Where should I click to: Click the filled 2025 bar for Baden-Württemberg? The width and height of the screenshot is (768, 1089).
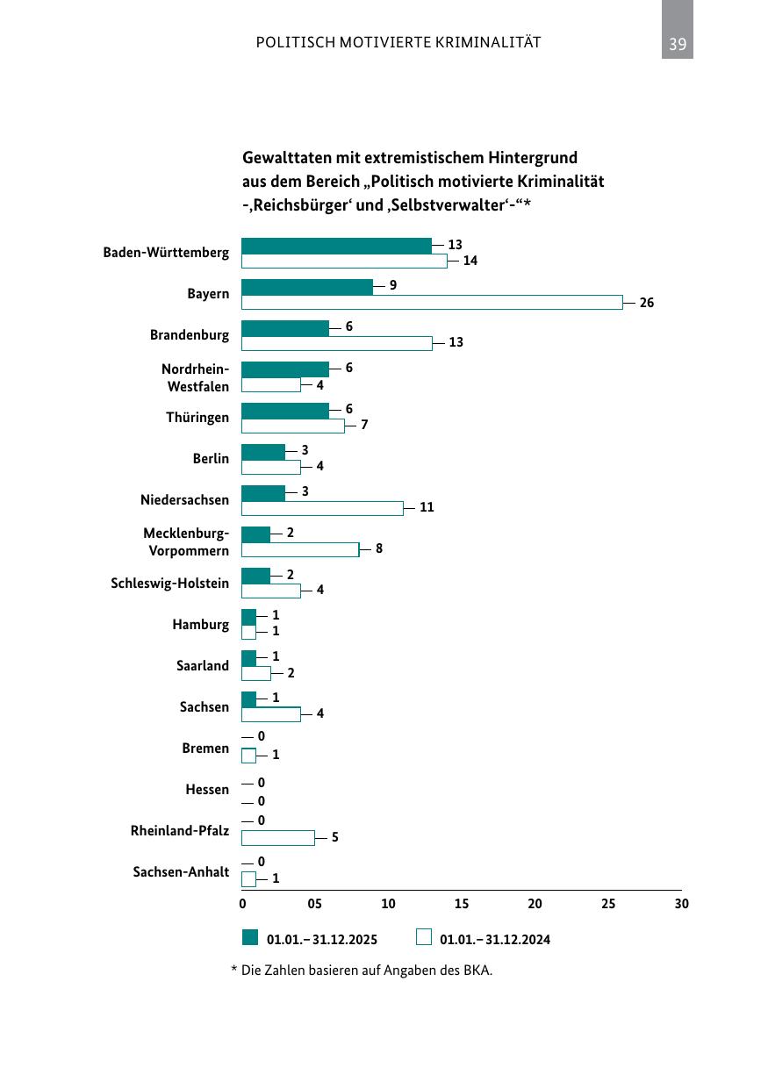click(336, 246)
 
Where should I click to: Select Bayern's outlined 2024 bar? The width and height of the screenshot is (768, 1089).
click(432, 303)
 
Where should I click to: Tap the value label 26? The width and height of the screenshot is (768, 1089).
click(646, 303)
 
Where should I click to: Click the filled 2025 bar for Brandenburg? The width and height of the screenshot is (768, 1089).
click(285, 329)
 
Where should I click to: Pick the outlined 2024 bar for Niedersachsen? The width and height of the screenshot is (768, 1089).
click(322, 509)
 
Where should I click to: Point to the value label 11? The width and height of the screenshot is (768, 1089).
click(427, 507)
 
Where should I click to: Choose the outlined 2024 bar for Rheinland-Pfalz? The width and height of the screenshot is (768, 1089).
click(277, 838)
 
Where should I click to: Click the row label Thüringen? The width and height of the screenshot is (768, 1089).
click(197, 418)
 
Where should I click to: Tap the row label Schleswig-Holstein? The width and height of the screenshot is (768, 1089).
click(169, 583)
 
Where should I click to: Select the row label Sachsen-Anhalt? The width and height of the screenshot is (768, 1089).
click(181, 871)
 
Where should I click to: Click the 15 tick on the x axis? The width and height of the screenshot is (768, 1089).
click(461, 904)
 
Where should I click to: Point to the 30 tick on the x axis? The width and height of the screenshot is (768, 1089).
click(681, 904)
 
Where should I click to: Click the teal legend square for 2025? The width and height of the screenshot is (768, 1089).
click(250, 937)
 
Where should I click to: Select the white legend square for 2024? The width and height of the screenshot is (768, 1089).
click(424, 937)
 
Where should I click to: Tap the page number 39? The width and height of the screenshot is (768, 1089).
click(678, 44)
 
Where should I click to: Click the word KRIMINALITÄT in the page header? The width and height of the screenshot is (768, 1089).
click(488, 42)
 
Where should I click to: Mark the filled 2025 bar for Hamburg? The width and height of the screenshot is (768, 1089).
click(248, 617)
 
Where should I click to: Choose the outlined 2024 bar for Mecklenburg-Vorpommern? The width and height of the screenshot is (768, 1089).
click(300, 550)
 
